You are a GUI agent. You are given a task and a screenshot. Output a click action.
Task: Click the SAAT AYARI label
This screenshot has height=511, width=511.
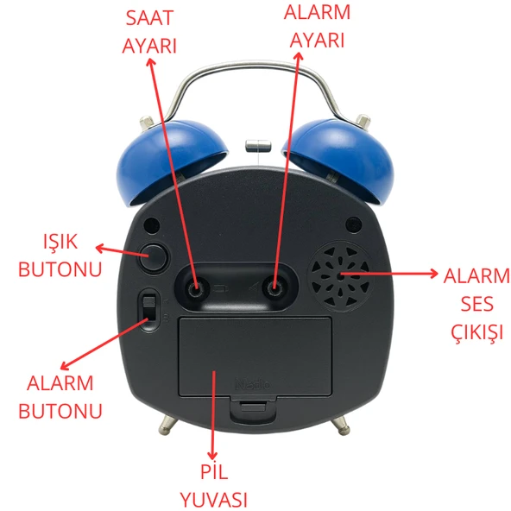point(149,32)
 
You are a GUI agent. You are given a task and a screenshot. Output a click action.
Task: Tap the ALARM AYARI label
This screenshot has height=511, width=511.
point(317,27)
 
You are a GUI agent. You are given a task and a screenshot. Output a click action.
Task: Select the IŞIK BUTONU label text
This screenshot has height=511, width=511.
point(60,255)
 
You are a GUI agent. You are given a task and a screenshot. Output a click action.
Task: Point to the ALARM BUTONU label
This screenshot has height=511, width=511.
point(60,396)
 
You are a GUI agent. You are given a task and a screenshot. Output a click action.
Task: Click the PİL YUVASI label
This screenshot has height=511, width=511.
point(214,486)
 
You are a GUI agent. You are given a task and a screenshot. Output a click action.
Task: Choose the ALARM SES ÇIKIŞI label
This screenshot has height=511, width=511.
point(476,304)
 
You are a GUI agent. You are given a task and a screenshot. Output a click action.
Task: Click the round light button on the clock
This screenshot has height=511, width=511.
point(153,257)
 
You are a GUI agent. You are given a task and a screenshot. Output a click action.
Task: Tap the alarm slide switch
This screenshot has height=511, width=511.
point(149,309)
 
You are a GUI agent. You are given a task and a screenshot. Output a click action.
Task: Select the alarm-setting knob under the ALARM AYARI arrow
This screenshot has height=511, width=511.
point(274,288)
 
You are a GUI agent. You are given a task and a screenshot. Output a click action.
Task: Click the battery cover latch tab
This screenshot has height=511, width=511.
point(253,408)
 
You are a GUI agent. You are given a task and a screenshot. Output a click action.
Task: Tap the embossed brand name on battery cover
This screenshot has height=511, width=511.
point(253,384)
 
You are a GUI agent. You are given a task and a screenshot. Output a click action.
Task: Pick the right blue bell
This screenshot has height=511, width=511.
point(339,161)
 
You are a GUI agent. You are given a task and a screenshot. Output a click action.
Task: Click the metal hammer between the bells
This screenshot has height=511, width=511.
point(258,145)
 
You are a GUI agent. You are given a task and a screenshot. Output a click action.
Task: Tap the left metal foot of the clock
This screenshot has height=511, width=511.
point(167,425)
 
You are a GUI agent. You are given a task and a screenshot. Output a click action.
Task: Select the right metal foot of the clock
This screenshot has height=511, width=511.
point(341,426)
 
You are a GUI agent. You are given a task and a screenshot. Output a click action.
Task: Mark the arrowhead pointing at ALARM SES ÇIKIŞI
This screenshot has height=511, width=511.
point(433,274)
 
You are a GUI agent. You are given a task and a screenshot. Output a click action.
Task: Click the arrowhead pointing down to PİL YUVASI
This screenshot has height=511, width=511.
point(213,455)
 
